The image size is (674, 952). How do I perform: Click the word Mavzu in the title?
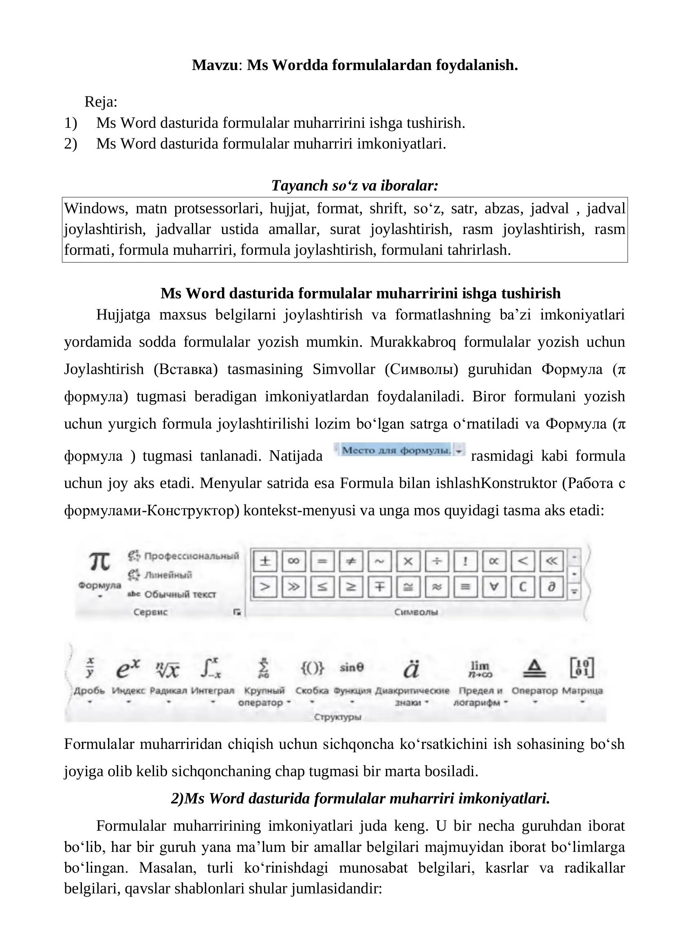(x=215, y=65)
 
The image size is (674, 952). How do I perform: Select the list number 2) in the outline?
(x=70, y=144)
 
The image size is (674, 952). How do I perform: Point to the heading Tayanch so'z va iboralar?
(x=355, y=185)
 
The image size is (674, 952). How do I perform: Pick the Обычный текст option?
(x=180, y=594)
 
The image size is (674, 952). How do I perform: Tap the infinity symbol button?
(x=293, y=561)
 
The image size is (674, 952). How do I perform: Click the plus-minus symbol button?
(x=265, y=561)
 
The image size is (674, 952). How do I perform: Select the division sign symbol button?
(x=436, y=561)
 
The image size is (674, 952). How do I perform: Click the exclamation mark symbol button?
(x=465, y=561)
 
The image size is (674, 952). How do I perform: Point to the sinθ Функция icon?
(x=352, y=667)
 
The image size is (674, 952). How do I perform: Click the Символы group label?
(x=416, y=612)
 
